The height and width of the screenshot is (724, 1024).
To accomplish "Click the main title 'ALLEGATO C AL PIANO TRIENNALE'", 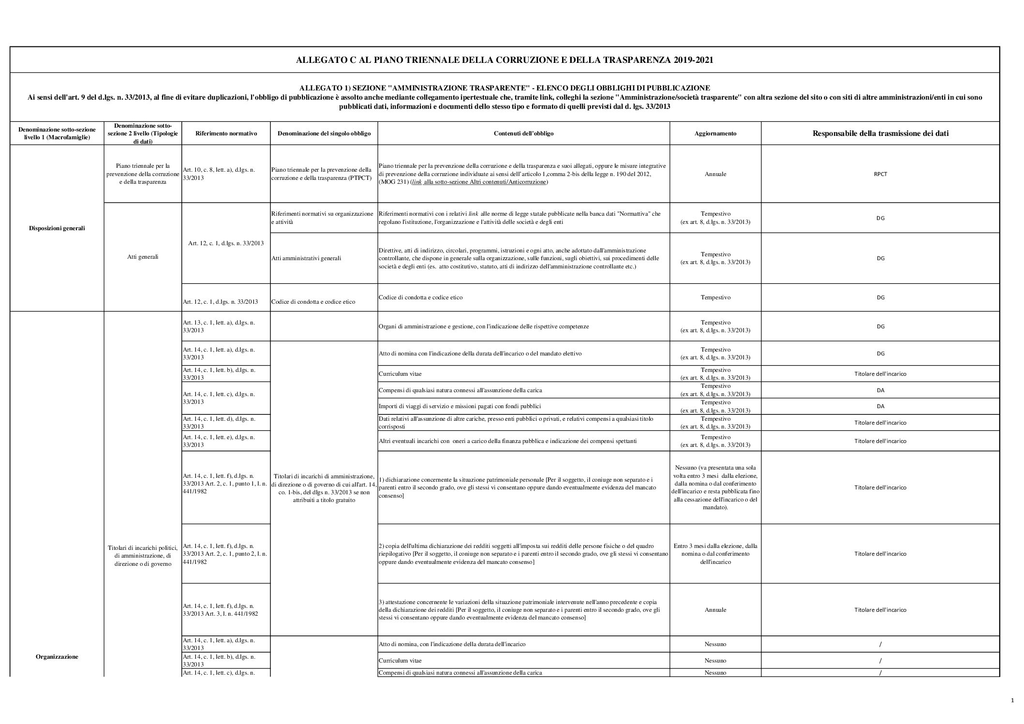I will coord(505,60).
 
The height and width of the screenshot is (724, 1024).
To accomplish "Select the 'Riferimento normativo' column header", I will coord(226,133).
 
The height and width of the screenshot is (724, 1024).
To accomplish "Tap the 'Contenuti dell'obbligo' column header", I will coord(523,133).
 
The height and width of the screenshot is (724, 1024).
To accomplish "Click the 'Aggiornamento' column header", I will coord(715,133).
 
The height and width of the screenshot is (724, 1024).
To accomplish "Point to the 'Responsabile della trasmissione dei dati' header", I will coord(880,133).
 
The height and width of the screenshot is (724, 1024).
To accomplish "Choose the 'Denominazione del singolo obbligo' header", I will coord(324,133).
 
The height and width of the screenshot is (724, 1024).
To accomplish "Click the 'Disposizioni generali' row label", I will coord(57,228).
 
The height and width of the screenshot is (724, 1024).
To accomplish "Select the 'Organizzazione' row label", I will coord(57,657).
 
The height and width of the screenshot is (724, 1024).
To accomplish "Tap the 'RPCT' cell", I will coord(880,174).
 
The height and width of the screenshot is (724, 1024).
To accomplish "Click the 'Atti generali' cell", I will coord(143,257).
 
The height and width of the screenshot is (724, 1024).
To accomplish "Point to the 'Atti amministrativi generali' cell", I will coord(306,258).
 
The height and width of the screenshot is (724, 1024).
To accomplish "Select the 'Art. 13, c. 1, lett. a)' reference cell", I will coord(219,326).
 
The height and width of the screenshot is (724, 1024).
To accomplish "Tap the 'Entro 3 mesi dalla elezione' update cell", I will coord(715,554).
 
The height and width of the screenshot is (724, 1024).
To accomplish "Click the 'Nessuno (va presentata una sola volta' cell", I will coord(715,488).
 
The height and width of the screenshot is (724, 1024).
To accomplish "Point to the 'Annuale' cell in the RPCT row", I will coord(715,174).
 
